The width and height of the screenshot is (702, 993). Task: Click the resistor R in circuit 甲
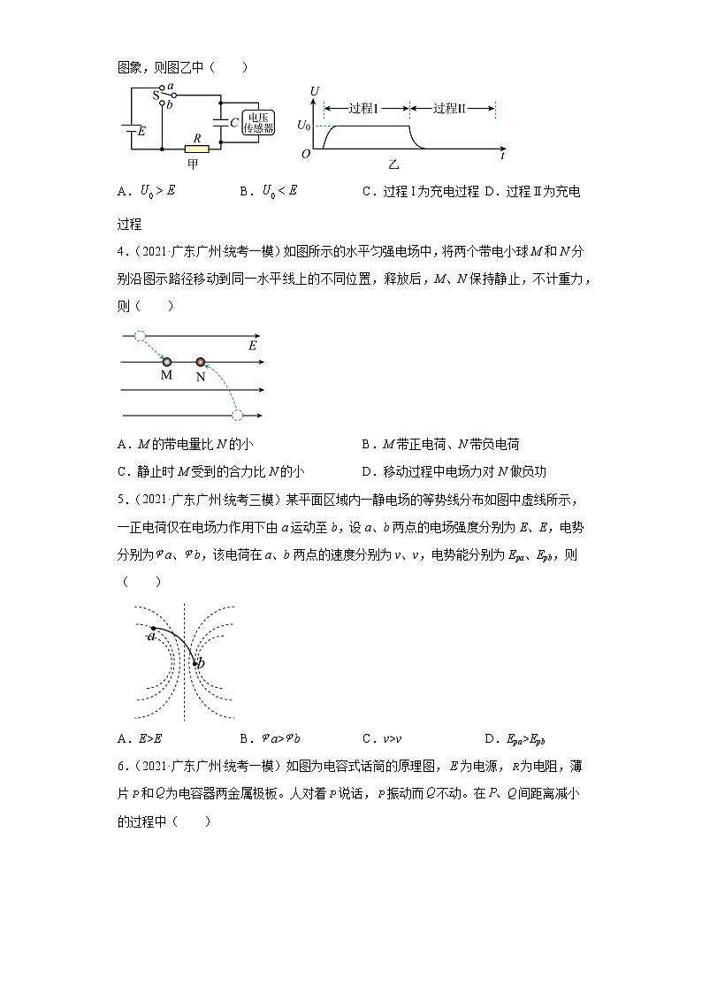coord(196,149)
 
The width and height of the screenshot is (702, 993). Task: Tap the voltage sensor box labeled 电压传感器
coord(258,123)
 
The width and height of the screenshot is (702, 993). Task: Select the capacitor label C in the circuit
coord(233,123)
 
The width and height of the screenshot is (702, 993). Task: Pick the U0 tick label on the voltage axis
coord(303,126)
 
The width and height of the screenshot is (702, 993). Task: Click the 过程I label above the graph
coord(363,109)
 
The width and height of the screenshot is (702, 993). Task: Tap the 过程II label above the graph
coord(449,109)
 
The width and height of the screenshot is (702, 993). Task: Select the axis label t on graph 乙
coord(502,156)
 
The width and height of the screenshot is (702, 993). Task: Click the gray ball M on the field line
coord(166,362)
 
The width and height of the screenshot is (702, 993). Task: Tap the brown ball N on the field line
coord(201,362)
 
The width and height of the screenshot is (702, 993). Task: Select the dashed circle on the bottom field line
coord(236,415)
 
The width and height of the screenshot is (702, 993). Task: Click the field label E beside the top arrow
coord(252,346)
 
